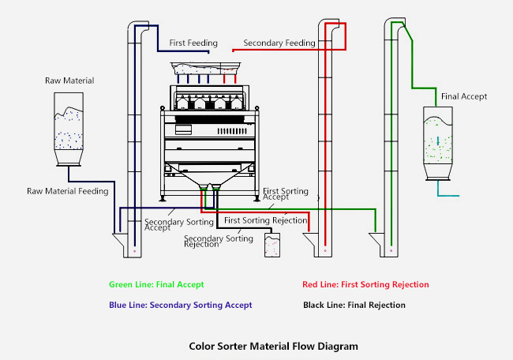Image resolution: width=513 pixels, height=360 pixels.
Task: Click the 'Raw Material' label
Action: click(70, 81)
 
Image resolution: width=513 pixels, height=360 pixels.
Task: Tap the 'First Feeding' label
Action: click(189, 42)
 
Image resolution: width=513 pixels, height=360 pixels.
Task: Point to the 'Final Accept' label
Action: click(464, 96)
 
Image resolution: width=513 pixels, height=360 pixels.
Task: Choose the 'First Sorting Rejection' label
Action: click(265, 220)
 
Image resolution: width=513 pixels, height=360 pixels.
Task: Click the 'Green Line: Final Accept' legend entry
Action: click(156, 284)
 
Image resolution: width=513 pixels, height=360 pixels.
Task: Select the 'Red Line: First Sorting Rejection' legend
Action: click(365, 284)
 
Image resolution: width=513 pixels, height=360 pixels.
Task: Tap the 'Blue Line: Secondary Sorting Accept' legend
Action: click(181, 304)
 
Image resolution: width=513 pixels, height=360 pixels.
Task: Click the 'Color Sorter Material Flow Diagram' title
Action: click(273, 346)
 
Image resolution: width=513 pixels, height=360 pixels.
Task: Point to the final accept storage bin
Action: click(438, 142)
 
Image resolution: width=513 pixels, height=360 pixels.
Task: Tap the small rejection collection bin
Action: click(273, 246)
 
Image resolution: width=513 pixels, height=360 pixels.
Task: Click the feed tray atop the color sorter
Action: click(207, 69)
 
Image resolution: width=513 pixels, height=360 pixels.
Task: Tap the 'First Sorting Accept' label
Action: click(282, 194)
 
